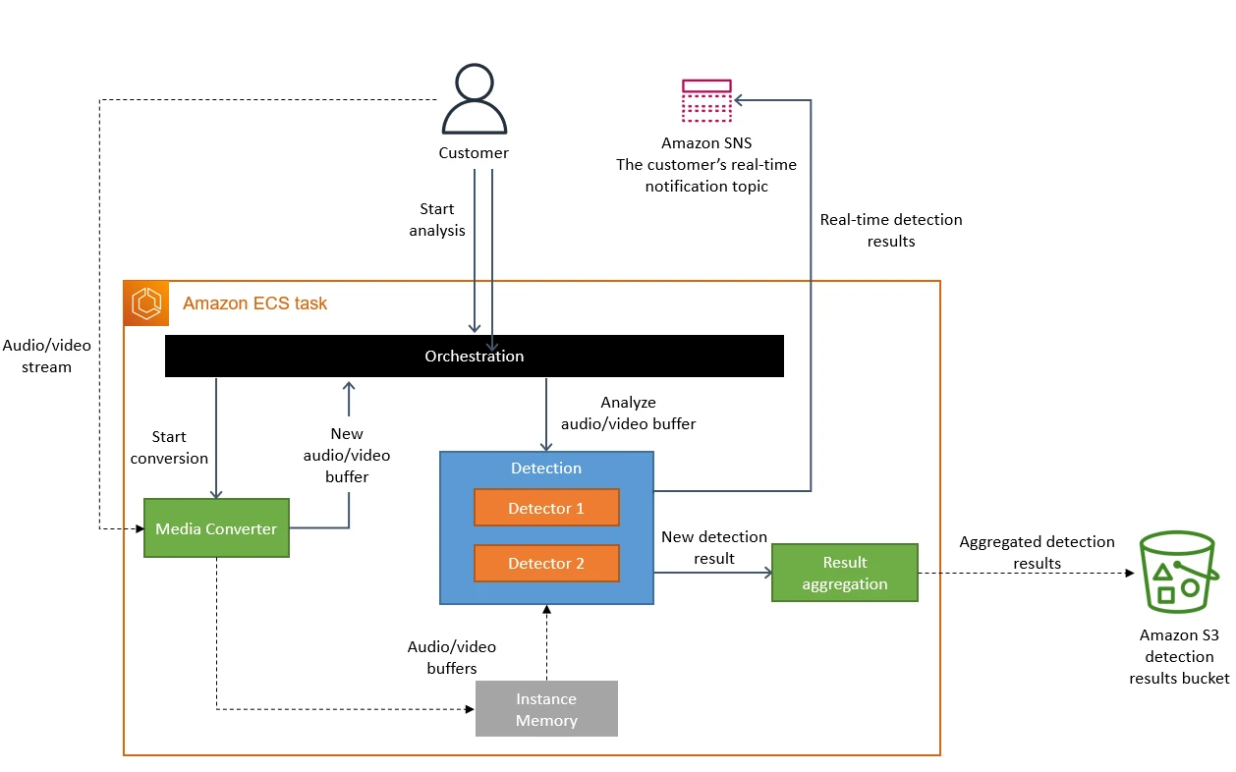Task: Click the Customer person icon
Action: (x=475, y=99)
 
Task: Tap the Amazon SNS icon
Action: (x=706, y=100)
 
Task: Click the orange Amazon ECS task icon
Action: (x=146, y=303)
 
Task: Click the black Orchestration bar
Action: (x=474, y=356)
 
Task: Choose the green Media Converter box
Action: (x=216, y=528)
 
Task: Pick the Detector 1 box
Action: (x=546, y=508)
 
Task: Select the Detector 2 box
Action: (x=546, y=563)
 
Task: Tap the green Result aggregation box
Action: (x=844, y=573)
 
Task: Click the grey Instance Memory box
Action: (x=546, y=708)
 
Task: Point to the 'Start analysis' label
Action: (x=437, y=219)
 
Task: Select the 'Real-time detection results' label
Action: (x=891, y=230)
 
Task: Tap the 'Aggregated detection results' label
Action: (x=1037, y=552)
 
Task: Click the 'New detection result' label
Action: (x=713, y=547)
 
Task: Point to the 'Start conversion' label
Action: (x=169, y=447)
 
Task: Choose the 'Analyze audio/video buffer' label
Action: (x=628, y=413)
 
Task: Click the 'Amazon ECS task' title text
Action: (x=254, y=303)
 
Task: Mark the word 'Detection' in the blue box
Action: (x=546, y=469)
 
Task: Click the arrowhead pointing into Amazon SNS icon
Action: (x=740, y=100)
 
